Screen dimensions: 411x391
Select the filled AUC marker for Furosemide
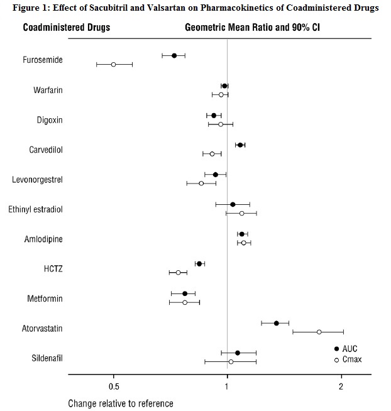[174, 56]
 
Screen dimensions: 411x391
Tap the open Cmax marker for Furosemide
[113, 65]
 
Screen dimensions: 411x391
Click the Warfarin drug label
[48, 90]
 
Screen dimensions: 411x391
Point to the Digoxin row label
[49, 120]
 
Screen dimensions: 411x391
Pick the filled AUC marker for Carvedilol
[240, 145]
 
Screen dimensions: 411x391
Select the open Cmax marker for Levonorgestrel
[201, 184]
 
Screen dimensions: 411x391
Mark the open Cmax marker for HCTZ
[178, 273]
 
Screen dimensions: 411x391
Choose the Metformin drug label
[45, 299]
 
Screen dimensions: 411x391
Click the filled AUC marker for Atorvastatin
[276, 323]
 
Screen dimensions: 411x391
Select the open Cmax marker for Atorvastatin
[319, 332]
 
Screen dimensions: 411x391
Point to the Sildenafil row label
[47, 359]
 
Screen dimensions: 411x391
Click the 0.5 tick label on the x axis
[113, 385]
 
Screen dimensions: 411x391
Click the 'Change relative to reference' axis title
[121, 403]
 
